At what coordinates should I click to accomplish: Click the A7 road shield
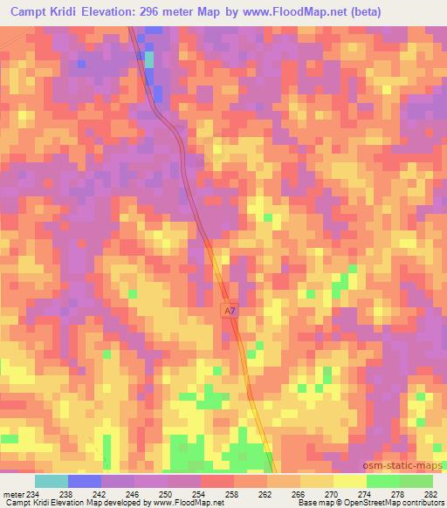point(230,311)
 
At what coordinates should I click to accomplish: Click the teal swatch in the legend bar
point(51,481)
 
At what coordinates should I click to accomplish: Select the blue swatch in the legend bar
point(84,481)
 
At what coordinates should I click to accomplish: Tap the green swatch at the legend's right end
point(416,481)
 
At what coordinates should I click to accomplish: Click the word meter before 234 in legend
point(12,494)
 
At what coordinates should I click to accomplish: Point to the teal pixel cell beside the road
point(148,59)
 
